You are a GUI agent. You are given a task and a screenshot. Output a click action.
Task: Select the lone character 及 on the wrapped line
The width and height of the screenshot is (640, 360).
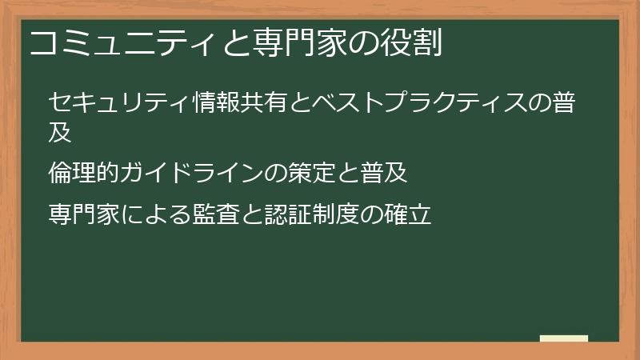pyautogui.click(x=61, y=130)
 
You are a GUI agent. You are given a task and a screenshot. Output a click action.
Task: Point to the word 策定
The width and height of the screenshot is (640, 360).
pyautogui.click(x=338, y=172)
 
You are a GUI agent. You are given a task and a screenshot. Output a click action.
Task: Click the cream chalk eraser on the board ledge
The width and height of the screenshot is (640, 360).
pyautogui.click(x=563, y=339)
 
